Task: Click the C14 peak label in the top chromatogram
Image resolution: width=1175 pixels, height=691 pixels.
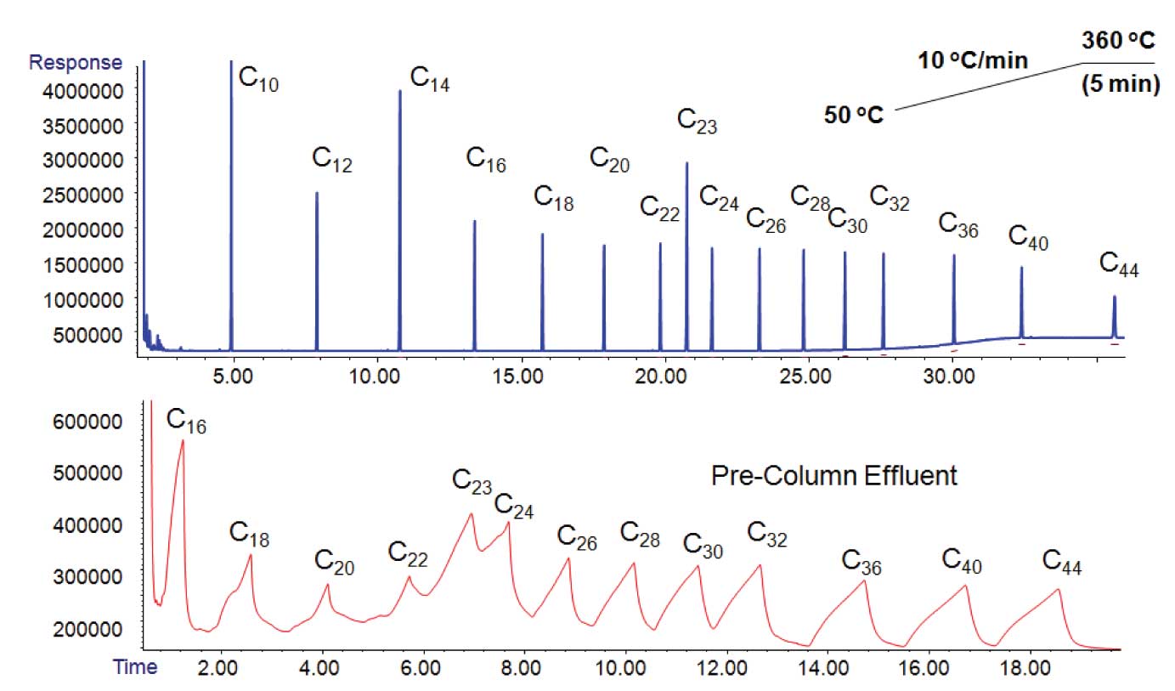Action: click(430, 78)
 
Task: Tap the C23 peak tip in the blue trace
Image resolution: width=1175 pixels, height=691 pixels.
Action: click(686, 163)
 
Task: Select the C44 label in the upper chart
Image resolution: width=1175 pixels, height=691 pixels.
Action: click(1118, 264)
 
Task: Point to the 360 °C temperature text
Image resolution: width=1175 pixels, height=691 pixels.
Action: click(1118, 42)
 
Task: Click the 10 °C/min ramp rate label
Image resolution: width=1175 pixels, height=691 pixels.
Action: click(973, 60)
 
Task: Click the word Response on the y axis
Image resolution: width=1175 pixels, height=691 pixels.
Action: click(76, 63)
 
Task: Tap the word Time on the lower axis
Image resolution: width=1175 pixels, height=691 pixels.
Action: click(135, 667)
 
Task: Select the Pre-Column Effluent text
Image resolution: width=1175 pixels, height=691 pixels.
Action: click(833, 476)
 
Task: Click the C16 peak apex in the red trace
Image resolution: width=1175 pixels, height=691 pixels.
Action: click(183, 440)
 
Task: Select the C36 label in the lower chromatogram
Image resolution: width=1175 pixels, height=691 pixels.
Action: click(861, 563)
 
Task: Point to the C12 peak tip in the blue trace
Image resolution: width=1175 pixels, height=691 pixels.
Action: click(317, 193)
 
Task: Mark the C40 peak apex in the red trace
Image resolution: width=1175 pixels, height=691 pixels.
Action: click(966, 586)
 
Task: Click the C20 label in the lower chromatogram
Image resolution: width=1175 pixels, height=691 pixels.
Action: click(334, 562)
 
